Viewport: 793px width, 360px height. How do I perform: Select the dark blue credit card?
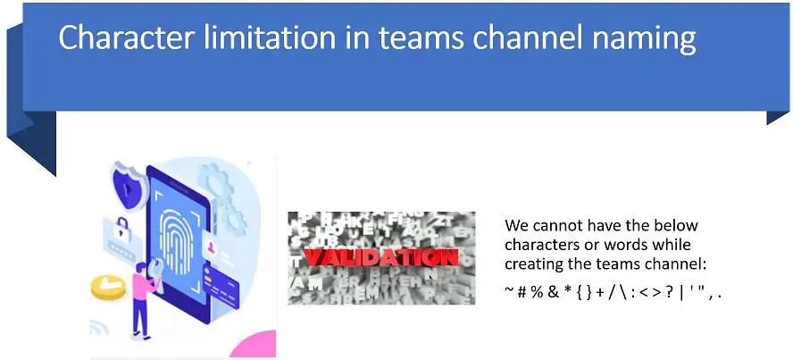[229, 284]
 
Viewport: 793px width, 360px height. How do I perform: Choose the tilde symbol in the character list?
[509, 290]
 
